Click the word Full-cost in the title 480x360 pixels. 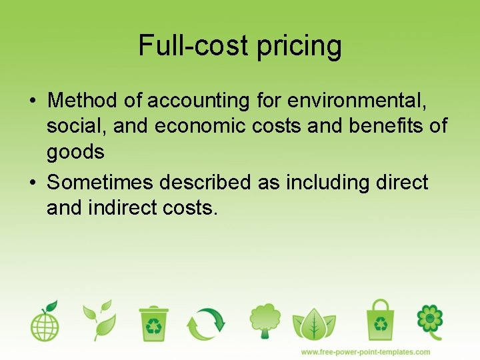pyautogui.click(x=193, y=45)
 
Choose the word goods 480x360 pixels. pyautogui.click(x=75, y=153)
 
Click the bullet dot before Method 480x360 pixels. pyautogui.click(x=32, y=101)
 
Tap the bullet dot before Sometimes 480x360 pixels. pyautogui.click(x=32, y=183)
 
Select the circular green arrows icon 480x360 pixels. pyautogui.click(x=206, y=323)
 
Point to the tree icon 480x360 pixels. pyautogui.click(x=265, y=321)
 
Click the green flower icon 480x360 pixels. pyautogui.click(x=430, y=319)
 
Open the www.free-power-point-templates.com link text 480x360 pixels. pyautogui.click(x=365, y=351)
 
